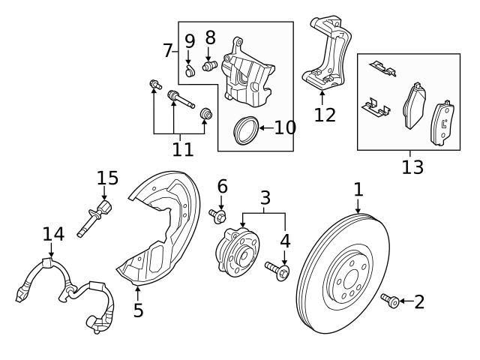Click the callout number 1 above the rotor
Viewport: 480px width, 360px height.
[x=358, y=189]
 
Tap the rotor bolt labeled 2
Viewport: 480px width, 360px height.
[x=390, y=301]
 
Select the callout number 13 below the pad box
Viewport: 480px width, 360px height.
[x=412, y=166]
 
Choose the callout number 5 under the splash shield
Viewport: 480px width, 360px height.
[x=138, y=310]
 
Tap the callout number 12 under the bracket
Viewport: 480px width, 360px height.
[x=325, y=115]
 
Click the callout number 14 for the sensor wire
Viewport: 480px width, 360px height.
[x=53, y=235]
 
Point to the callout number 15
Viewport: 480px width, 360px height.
[x=107, y=178]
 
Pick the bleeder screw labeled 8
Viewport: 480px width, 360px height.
[x=209, y=67]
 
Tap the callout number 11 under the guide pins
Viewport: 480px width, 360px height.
[x=182, y=148]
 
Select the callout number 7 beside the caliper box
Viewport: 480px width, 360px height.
[x=168, y=51]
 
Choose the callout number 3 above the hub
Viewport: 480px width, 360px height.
[x=265, y=199]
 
